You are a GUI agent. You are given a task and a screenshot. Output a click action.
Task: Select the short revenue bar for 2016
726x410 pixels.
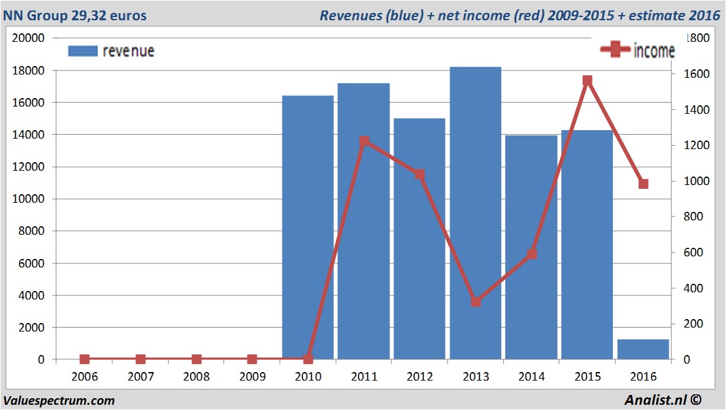[643, 349]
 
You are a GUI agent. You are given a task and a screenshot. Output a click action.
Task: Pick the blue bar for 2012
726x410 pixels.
[420, 239]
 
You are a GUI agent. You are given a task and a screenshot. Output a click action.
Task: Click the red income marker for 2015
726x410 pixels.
[587, 80]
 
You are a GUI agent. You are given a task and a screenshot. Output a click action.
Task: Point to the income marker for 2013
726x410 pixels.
[476, 301]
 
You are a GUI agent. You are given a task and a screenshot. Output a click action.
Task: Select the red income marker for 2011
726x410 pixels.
[364, 141]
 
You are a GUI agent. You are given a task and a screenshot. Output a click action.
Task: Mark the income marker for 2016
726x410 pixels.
[644, 184]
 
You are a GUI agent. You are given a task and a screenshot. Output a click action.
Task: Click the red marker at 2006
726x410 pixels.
[84, 359]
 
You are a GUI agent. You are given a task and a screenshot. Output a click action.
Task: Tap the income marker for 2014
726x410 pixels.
[532, 254]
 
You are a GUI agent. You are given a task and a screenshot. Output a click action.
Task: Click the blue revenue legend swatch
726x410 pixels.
[82, 51]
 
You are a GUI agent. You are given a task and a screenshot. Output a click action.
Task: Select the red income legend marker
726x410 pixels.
[616, 50]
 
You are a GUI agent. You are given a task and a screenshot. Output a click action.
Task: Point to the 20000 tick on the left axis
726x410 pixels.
[29, 38]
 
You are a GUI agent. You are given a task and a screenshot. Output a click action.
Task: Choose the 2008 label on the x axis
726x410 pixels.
[196, 377]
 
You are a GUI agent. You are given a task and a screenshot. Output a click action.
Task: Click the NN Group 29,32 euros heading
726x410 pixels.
[75, 15]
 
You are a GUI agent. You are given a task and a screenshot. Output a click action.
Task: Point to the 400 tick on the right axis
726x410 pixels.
[685, 288]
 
